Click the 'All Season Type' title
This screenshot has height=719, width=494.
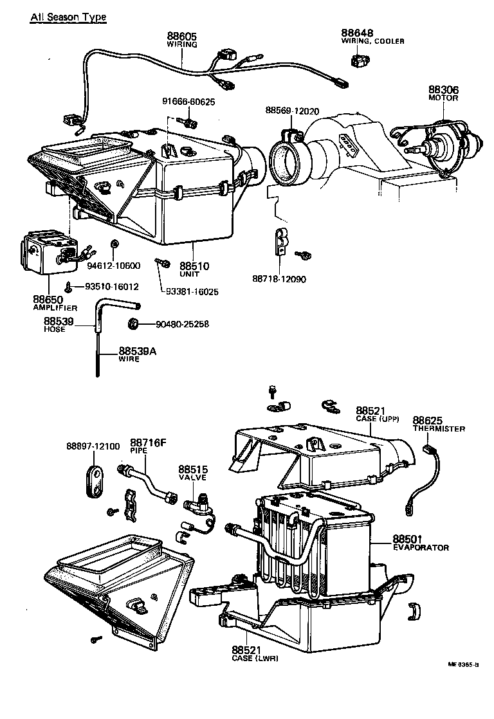coord(68,17)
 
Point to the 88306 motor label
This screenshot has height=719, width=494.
coord(443,90)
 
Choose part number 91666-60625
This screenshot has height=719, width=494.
coord(188,102)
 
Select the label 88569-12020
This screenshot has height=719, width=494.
coord(292,111)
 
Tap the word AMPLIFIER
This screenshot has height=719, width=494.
coord(55,309)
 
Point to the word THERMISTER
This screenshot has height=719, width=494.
coord(439,429)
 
